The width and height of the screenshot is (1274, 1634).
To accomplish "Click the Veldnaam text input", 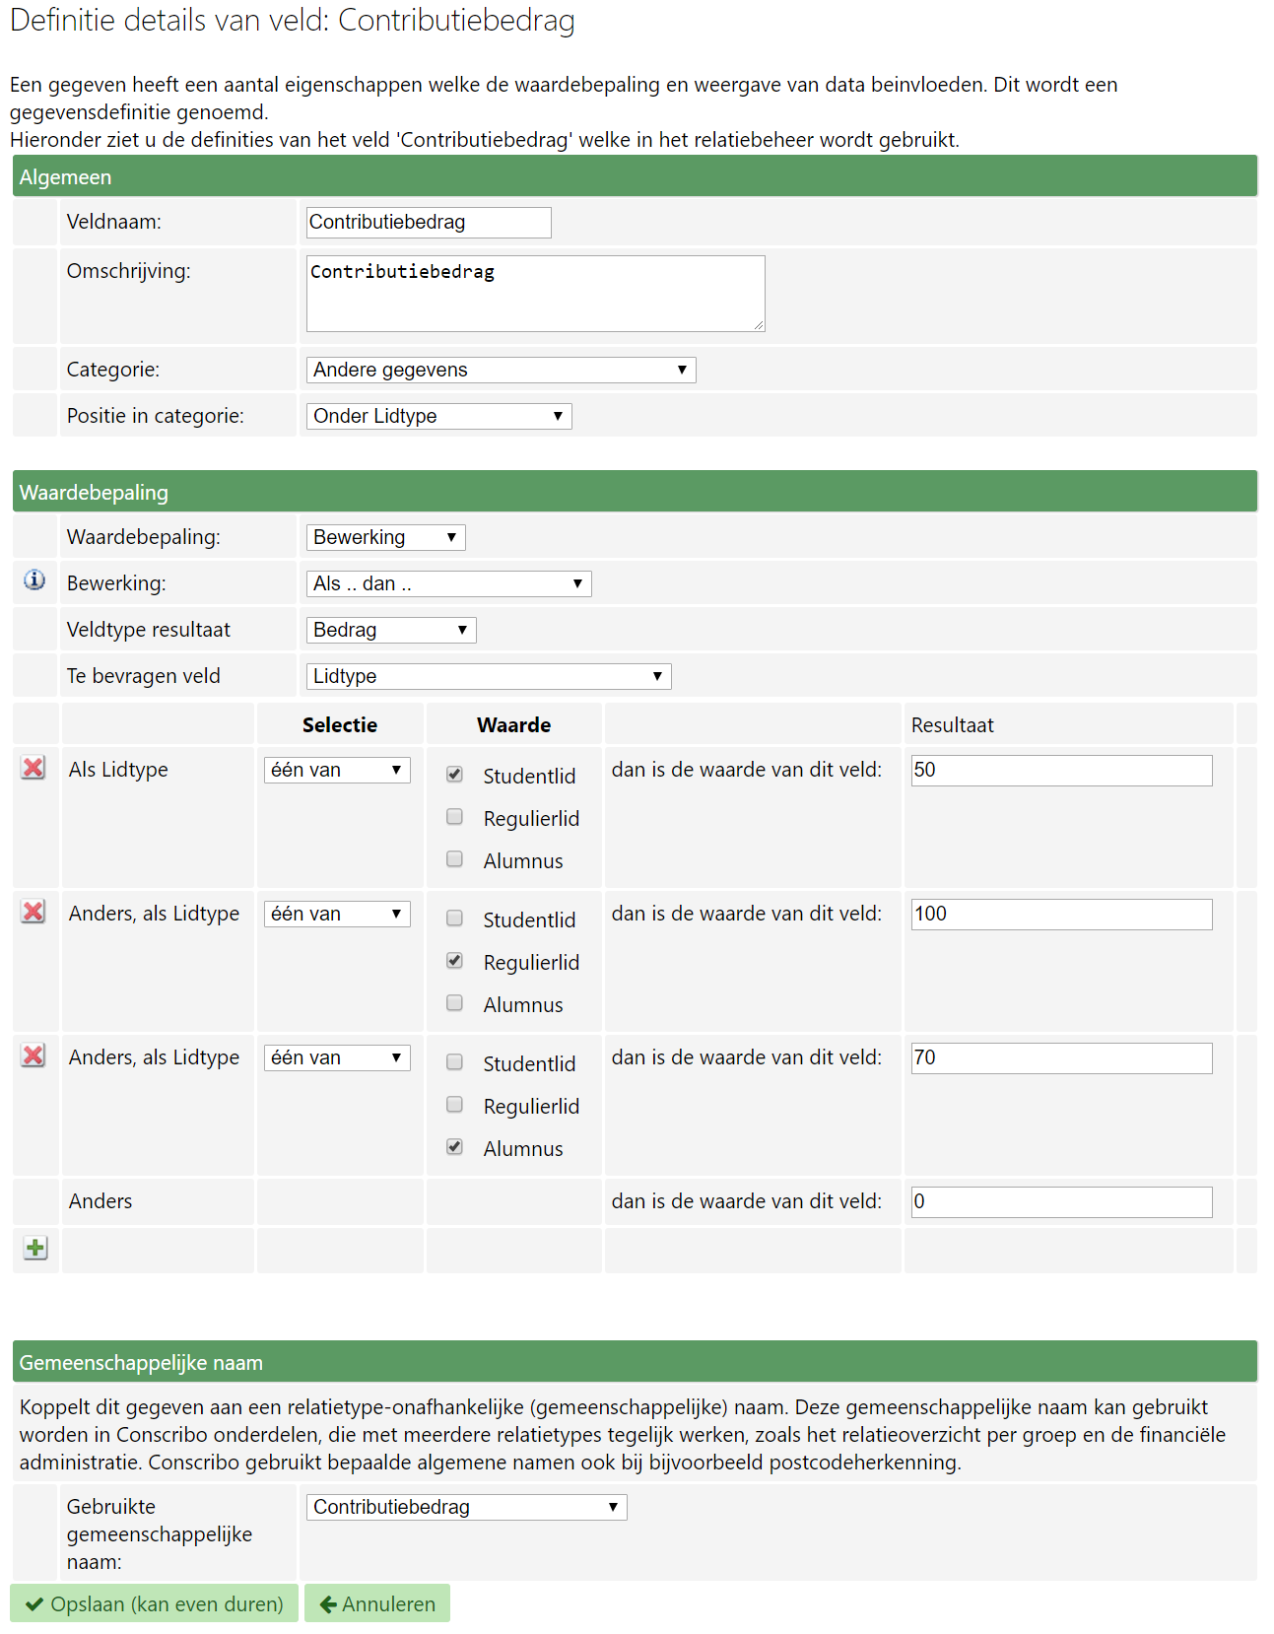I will [x=429, y=223].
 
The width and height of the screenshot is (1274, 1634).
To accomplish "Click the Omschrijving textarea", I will [x=535, y=294].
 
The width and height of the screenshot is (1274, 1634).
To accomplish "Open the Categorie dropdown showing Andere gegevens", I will [x=501, y=371].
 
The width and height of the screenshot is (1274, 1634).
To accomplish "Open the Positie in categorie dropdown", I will [x=438, y=417].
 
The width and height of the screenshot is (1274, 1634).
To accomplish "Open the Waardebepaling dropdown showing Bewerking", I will [x=385, y=538].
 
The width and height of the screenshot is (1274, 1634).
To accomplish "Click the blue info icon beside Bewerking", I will [x=34, y=580].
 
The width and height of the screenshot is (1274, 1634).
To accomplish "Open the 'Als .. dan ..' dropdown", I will [x=448, y=584].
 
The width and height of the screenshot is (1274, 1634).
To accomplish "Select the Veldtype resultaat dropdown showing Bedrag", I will [x=391, y=631].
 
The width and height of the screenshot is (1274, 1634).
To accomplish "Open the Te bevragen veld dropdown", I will [x=489, y=677].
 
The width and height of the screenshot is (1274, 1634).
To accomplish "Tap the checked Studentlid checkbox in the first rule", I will [x=454, y=775].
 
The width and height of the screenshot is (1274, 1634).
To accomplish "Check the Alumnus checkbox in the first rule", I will [x=454, y=859].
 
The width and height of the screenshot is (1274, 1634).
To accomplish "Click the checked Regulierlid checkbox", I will [x=454, y=961].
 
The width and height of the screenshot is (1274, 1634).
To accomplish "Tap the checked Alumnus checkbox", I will [x=454, y=1147].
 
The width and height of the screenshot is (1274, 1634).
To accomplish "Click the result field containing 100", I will [x=1061, y=915].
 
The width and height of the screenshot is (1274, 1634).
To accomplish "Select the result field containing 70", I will [x=1061, y=1058].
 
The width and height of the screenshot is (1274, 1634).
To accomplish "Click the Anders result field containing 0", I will [x=1061, y=1202].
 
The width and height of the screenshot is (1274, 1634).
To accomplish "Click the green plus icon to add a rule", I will [x=35, y=1249].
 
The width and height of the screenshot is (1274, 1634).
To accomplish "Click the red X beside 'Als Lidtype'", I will [x=34, y=768].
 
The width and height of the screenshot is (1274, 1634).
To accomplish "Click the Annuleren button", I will [x=377, y=1604].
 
